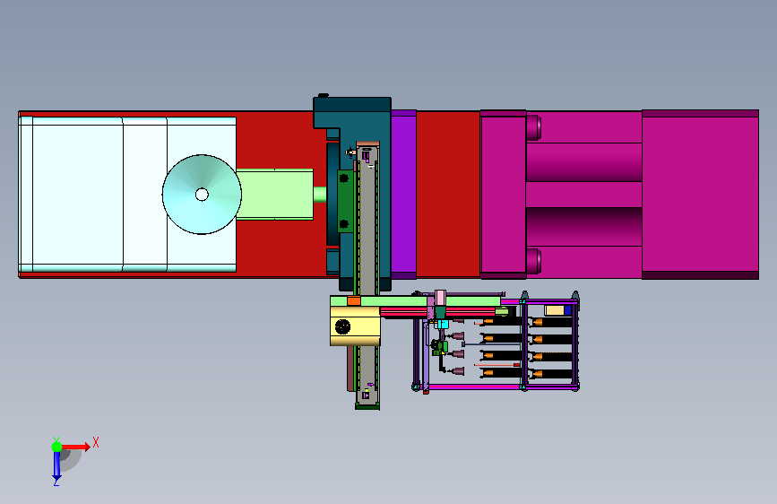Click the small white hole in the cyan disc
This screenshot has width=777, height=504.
[x=202, y=195]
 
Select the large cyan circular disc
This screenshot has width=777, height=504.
[x=202, y=195]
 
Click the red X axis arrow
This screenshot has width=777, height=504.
[x=74, y=447]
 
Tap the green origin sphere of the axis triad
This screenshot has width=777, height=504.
[x=56, y=447]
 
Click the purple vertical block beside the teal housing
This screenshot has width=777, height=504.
[x=403, y=194]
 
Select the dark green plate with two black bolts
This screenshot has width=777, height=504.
[x=345, y=201]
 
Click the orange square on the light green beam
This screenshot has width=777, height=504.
[x=354, y=301]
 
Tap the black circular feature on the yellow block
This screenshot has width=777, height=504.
[x=343, y=326]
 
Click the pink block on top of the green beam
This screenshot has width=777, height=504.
[x=441, y=298]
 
